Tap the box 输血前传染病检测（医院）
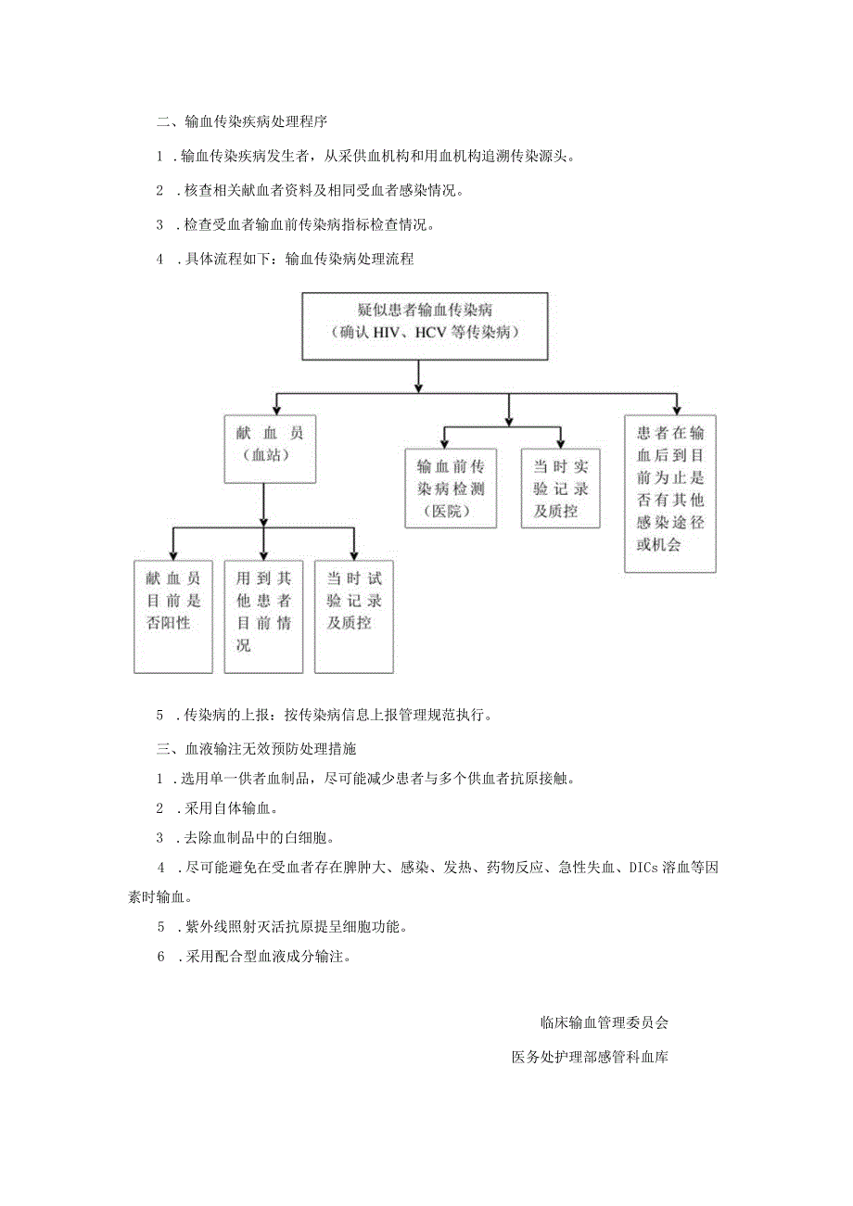pyautogui.click(x=451, y=489)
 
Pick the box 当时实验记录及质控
pyautogui.click(x=560, y=489)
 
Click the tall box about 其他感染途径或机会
pyautogui.click(x=670, y=493)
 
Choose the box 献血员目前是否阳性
pyautogui.click(x=173, y=616)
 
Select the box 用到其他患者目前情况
pyautogui.click(x=263, y=616)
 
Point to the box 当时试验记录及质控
pyautogui.click(x=354, y=616)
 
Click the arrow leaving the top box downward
pyautogui.click(x=419, y=374)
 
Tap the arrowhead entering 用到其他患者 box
pyautogui.click(x=264, y=554)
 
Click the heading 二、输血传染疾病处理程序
pyautogui.click(x=240, y=121)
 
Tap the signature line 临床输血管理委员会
pyautogui.click(x=604, y=1023)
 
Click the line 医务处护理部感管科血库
pyautogui.click(x=590, y=1057)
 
